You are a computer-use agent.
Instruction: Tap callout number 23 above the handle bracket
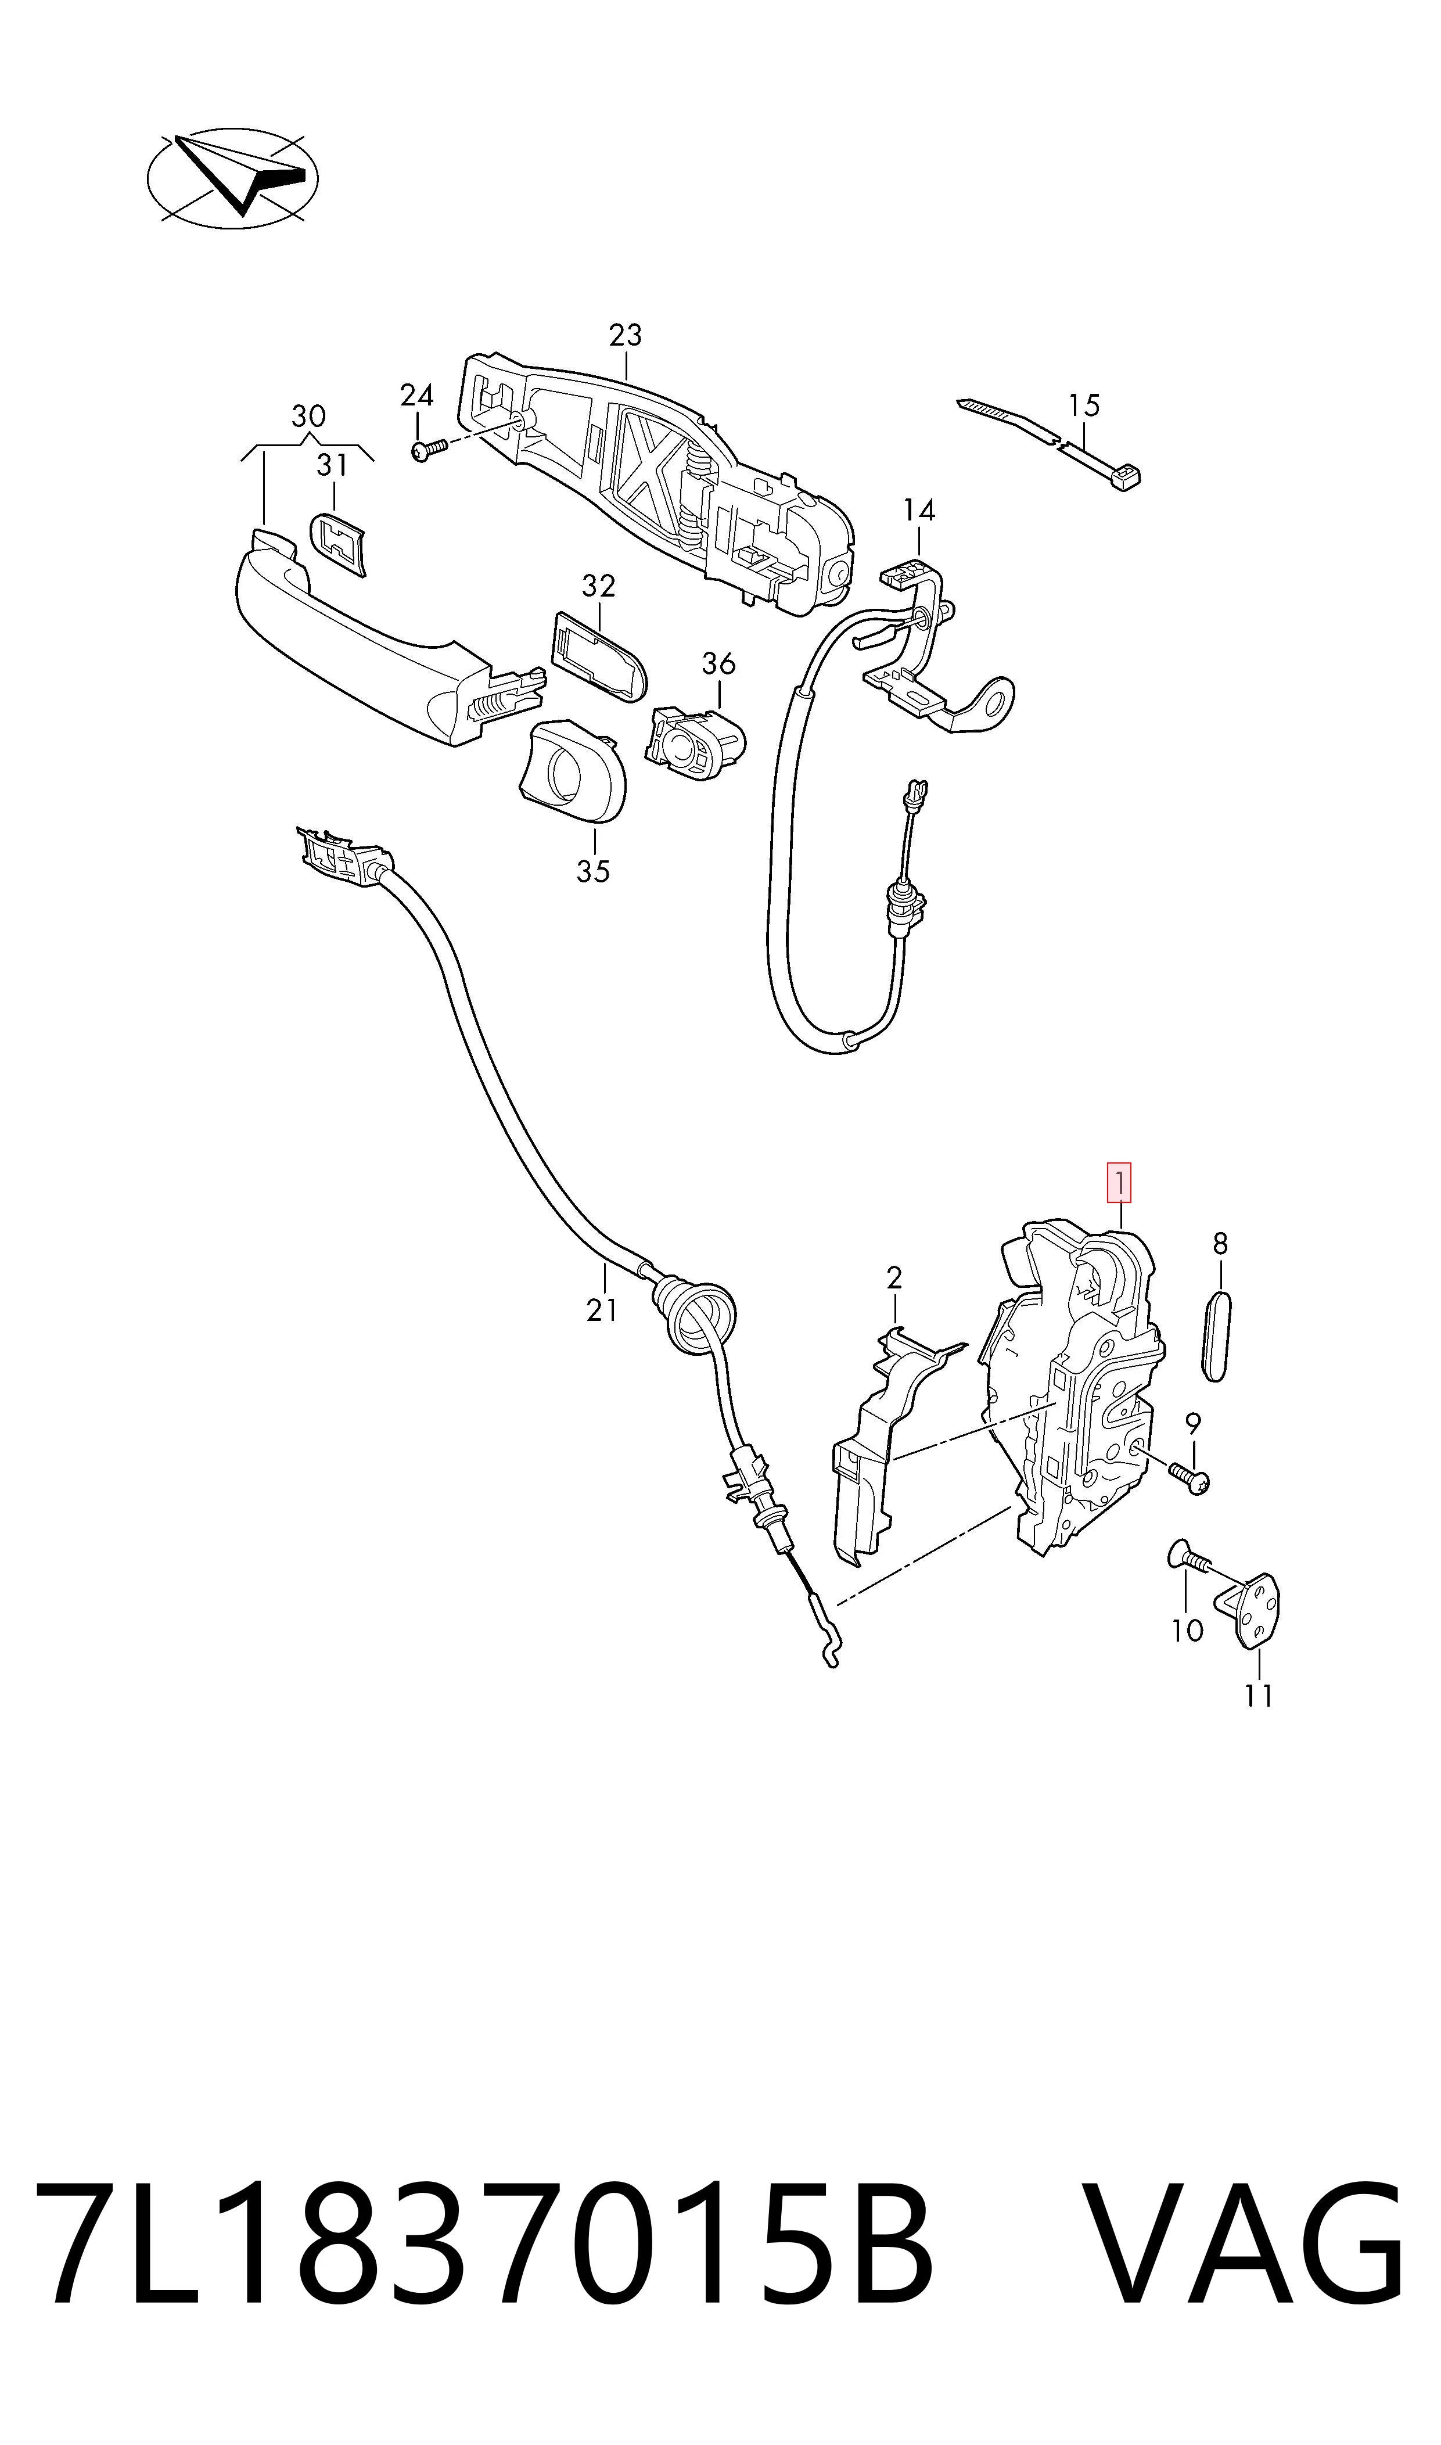coord(626,335)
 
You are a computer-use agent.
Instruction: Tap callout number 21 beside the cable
coord(602,1310)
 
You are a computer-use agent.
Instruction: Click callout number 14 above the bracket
coord(919,510)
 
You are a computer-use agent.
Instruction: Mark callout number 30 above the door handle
coord(309,417)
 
